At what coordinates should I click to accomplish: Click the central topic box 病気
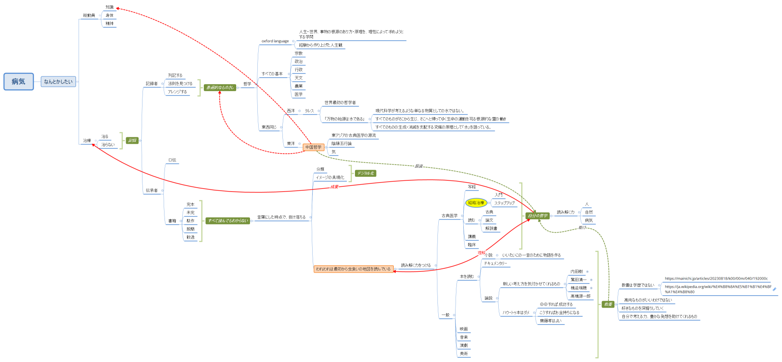pyautogui.click(x=19, y=82)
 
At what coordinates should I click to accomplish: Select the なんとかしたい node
pyautogui.click(x=58, y=82)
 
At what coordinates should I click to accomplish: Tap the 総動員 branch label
pyautogui.click(x=89, y=16)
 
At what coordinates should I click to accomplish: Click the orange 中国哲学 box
pyautogui.click(x=313, y=147)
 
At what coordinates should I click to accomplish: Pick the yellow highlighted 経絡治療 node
pyautogui.click(x=476, y=203)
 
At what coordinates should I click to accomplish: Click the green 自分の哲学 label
pyautogui.click(x=538, y=216)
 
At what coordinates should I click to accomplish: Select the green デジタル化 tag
pyautogui.click(x=365, y=173)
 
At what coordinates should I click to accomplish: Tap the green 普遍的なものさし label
pyautogui.click(x=220, y=88)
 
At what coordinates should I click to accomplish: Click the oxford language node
pyautogui.click(x=275, y=41)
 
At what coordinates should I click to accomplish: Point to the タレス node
pyautogui.click(x=309, y=111)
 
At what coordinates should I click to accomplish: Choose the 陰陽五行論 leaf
pyautogui.click(x=341, y=144)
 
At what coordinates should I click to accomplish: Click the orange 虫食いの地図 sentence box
pyautogui.click(x=353, y=269)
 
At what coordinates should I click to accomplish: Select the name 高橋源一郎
pyautogui.click(x=580, y=296)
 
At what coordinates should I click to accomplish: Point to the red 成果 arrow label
pyautogui.click(x=334, y=187)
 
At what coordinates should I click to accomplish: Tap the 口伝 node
pyautogui.click(x=172, y=160)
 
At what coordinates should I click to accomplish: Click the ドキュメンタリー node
pyautogui.click(x=495, y=263)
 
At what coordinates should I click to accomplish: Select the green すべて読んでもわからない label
pyautogui.click(x=228, y=221)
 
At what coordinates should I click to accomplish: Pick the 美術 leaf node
pyautogui.click(x=464, y=354)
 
